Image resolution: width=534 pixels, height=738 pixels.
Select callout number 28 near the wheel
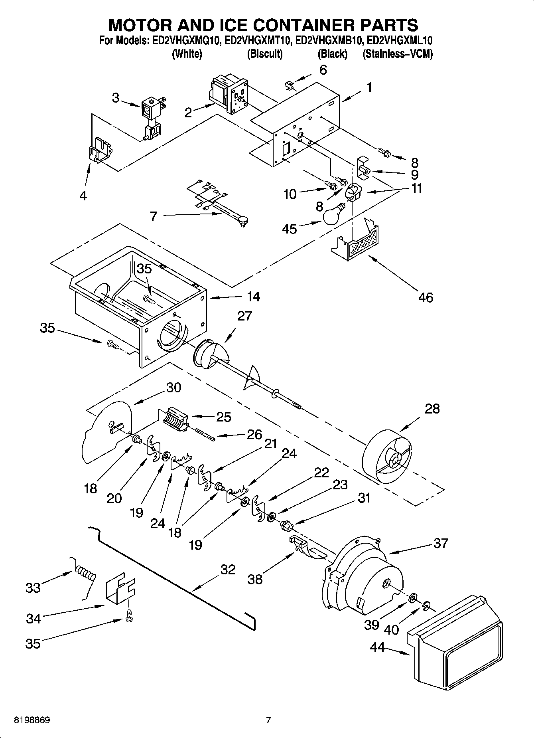pos(432,409)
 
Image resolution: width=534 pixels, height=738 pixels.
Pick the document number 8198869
pos(32,720)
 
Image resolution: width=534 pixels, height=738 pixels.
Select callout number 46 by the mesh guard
pos(426,297)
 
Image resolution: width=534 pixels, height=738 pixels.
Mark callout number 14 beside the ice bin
pos(253,297)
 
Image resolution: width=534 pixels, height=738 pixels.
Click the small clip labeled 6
pos(290,85)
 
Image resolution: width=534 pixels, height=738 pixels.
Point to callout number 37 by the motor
pos(440,543)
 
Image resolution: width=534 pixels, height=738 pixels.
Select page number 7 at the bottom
pos(268,720)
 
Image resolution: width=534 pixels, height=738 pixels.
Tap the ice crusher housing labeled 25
pos(175,419)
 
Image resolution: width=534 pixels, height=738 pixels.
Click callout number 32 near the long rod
pos(228,570)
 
